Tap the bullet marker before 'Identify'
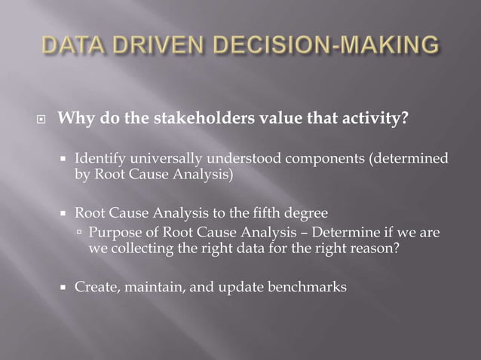(x=65, y=160)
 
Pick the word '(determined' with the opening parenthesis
(x=405, y=159)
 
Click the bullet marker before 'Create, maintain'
(x=65, y=287)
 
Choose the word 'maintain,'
(x=143, y=286)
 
